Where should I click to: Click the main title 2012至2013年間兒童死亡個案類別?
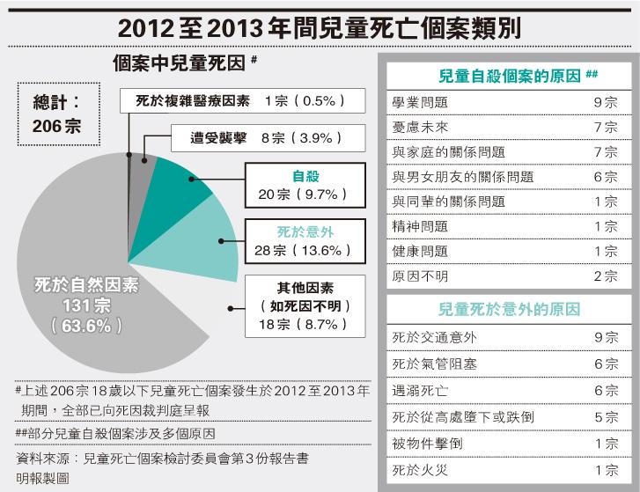320,26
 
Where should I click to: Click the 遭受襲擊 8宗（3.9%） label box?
253,138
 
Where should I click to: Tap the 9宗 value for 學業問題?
605,103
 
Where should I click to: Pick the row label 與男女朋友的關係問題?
461,177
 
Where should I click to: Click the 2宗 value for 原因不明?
605,276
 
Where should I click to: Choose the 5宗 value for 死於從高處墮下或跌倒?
605,416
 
